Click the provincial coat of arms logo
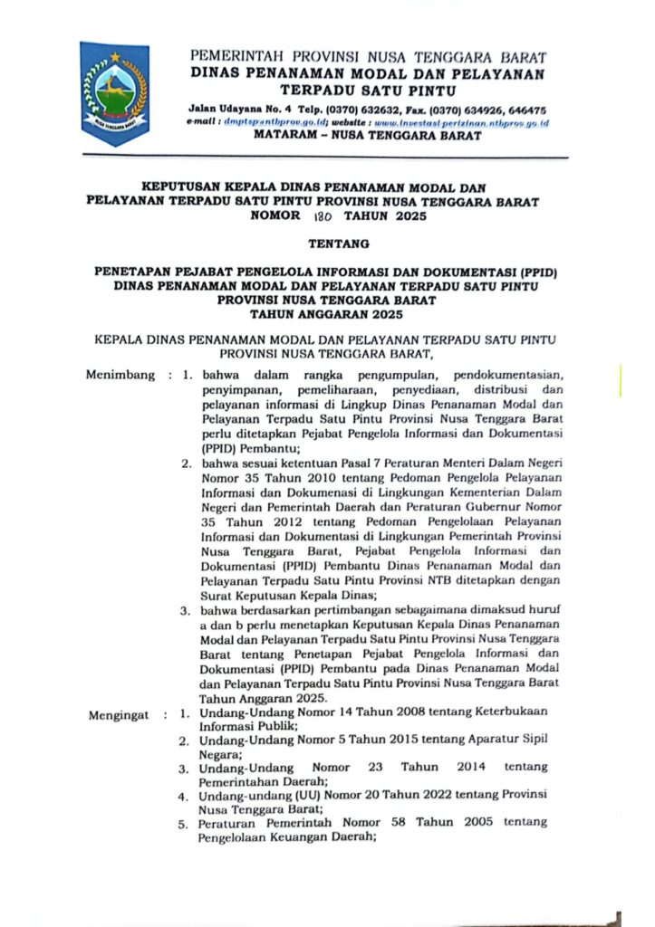(x=113, y=93)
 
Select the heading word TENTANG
(x=327, y=243)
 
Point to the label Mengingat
(x=119, y=715)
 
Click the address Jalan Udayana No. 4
(x=255, y=107)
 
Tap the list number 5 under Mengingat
(x=182, y=824)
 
